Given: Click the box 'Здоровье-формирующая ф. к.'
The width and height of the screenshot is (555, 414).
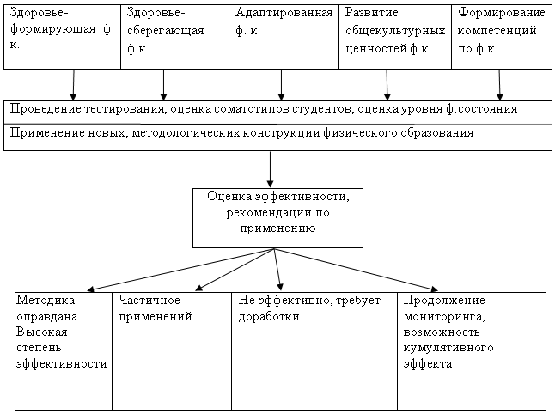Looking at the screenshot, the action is (63, 37).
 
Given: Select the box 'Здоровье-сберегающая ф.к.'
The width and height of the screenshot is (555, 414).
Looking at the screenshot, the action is (175, 37).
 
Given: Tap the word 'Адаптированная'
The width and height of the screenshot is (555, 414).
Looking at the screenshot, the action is (284, 14).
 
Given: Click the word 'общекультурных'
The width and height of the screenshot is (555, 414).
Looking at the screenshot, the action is (395, 32).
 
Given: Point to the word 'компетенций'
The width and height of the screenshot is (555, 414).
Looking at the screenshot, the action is (497, 31).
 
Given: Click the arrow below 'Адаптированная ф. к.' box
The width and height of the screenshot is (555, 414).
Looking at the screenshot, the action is (282, 85).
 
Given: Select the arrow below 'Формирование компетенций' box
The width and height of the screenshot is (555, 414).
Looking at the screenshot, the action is (499, 85).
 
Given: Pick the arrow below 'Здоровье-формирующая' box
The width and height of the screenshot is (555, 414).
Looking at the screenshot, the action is (73, 85).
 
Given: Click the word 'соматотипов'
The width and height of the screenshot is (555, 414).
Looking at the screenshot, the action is (252, 109).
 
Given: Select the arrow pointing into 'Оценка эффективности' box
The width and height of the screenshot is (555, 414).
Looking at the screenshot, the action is (270, 169).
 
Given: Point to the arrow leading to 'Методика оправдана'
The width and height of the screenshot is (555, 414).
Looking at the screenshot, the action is (180, 270).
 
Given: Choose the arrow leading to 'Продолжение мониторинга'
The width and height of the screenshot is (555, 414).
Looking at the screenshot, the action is (356, 270).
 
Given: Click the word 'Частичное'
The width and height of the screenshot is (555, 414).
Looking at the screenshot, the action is (149, 301).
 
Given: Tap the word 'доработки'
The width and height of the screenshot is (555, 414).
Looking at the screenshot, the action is (269, 317).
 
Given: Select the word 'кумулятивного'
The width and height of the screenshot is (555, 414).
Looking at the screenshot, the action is (448, 348).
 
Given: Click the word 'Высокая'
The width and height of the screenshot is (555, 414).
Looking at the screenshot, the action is (42, 332).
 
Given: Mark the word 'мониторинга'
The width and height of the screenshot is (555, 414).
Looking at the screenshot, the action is (444, 317).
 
